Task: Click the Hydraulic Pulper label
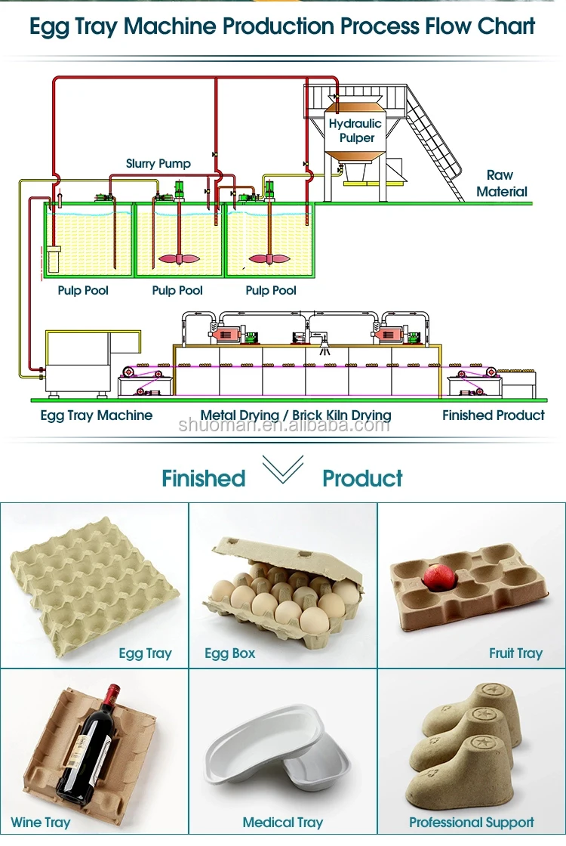(x=355, y=131)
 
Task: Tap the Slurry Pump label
(x=158, y=163)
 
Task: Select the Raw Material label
(x=502, y=184)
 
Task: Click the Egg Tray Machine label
(x=97, y=415)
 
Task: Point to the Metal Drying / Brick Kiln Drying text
(x=296, y=415)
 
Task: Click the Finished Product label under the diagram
(x=494, y=415)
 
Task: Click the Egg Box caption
(x=230, y=653)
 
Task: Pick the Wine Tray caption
(x=41, y=823)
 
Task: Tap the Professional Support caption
(x=472, y=823)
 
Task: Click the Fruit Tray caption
(x=515, y=653)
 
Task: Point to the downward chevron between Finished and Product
(x=282, y=470)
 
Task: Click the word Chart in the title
(x=506, y=26)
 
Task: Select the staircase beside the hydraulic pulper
(x=434, y=144)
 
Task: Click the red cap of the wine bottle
(x=112, y=692)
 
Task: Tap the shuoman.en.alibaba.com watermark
(x=284, y=425)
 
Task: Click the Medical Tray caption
(x=283, y=823)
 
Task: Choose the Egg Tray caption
(x=145, y=653)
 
